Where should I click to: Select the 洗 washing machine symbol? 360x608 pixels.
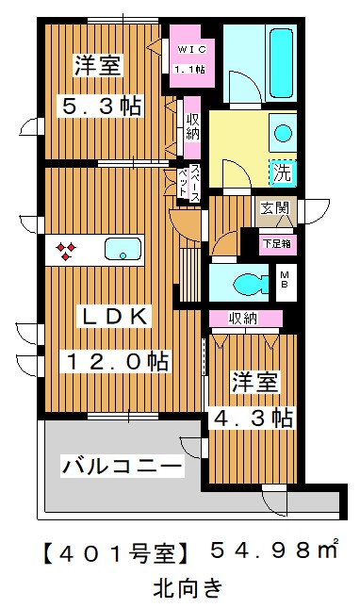coord(281,173)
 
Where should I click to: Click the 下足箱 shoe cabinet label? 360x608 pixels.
coord(277,241)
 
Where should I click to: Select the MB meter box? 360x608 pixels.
coord(284,279)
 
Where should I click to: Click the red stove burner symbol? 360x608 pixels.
coord(66,250)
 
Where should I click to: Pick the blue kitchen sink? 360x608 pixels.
coord(121,250)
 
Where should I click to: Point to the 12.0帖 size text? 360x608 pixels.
coord(117,360)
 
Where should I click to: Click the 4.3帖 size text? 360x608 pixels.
coord(253,416)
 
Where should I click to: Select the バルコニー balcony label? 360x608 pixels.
coord(120,465)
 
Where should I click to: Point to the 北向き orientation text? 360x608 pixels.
coord(188,587)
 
